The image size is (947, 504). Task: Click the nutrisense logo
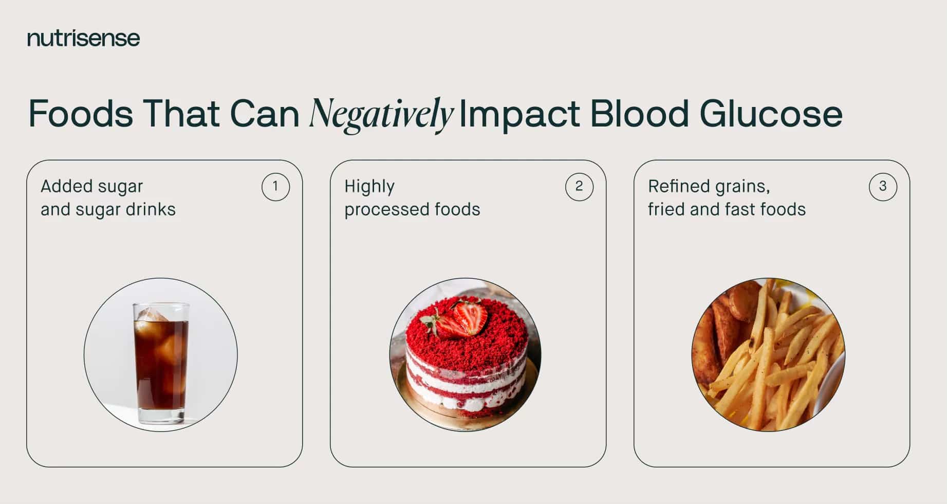pos(83,38)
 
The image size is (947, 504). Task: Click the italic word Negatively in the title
pos(381,114)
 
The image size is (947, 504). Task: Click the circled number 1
pos(275,186)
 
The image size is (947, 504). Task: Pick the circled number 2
pos(579,186)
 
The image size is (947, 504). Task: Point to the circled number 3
pos(883,186)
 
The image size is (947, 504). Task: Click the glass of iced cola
pos(161,360)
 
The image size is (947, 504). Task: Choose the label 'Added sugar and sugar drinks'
pos(108,198)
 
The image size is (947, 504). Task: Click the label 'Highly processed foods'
pos(412,198)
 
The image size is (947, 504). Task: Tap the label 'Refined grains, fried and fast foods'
pos(727,198)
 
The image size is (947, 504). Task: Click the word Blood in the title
pos(639,114)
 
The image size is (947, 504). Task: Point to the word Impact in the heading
pos(519,114)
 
